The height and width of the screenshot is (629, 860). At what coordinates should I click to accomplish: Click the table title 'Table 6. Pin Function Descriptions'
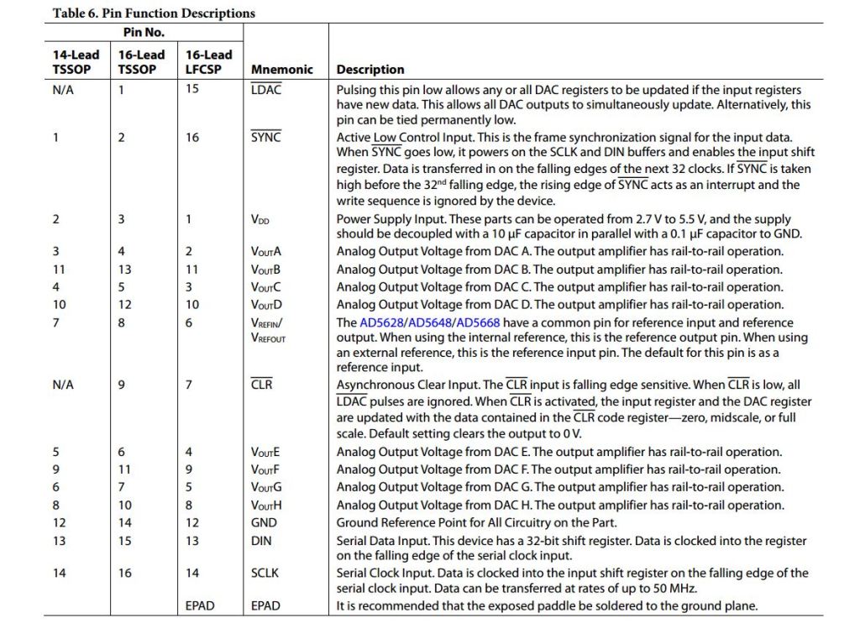(x=154, y=13)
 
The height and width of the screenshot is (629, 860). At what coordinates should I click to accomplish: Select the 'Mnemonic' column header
(x=281, y=70)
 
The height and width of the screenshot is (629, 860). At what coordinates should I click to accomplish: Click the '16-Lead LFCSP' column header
(x=208, y=62)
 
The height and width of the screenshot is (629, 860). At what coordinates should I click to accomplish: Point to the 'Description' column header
(x=370, y=70)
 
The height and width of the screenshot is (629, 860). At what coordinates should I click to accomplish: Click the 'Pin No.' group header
(x=144, y=33)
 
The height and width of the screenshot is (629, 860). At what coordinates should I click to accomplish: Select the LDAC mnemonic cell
(x=266, y=89)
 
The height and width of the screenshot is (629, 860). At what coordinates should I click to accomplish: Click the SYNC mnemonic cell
(x=265, y=138)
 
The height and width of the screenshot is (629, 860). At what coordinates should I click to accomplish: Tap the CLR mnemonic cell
(x=262, y=385)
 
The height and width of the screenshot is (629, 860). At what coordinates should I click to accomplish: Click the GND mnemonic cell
(x=264, y=522)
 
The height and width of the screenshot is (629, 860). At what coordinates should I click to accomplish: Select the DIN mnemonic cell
(x=261, y=542)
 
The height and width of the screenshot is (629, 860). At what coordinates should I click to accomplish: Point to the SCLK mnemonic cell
(x=265, y=574)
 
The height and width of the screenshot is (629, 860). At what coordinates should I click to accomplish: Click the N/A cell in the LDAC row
(x=63, y=89)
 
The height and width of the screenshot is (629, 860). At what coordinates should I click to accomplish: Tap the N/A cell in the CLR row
(x=63, y=385)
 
